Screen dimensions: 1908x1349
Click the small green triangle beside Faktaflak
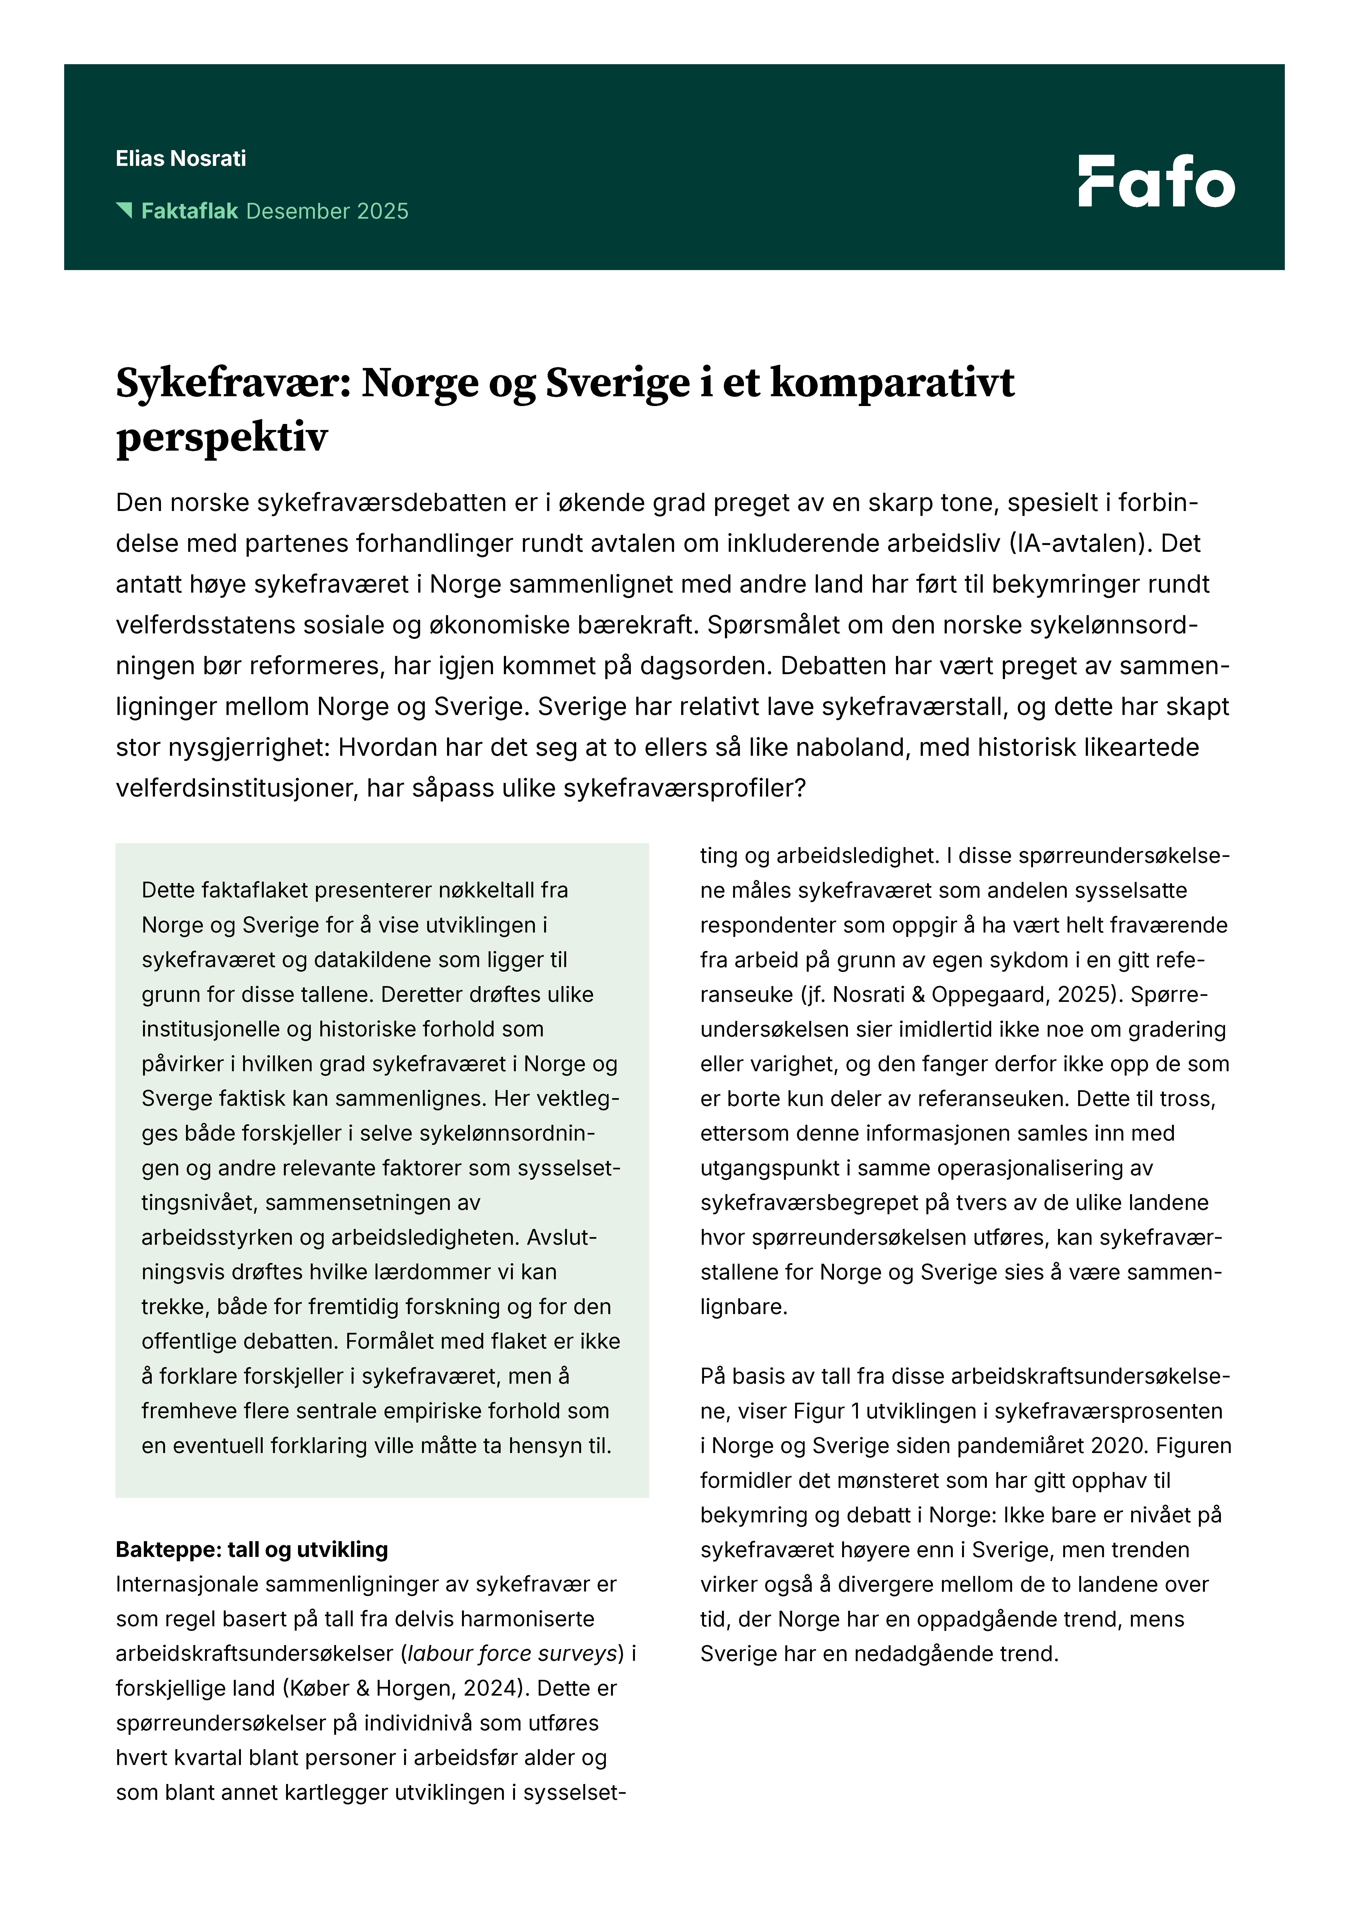click(x=125, y=209)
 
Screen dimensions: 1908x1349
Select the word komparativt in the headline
click(x=892, y=384)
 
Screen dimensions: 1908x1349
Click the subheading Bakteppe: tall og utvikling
click(x=252, y=1550)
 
